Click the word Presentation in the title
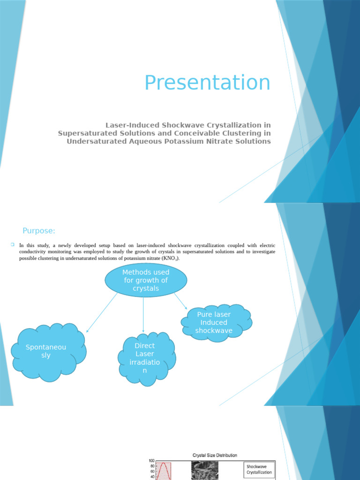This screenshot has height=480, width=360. (207, 83)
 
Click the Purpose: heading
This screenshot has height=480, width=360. (39, 231)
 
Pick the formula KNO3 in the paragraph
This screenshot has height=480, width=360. (170, 258)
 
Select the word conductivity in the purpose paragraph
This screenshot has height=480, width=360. (35, 252)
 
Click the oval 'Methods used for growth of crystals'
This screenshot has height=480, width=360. (145, 280)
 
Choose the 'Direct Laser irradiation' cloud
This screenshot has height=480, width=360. (145, 358)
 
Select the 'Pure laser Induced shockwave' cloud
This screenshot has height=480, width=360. (215, 322)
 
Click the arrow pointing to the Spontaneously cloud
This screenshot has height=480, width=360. (102, 313)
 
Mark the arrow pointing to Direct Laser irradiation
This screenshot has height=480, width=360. (143, 314)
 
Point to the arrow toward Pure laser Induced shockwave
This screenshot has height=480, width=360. (180, 301)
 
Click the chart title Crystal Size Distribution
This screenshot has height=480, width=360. (215, 455)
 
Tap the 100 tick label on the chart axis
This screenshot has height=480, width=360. (151, 461)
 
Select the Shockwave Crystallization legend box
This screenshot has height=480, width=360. (259, 469)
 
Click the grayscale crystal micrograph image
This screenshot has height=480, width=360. (205, 470)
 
